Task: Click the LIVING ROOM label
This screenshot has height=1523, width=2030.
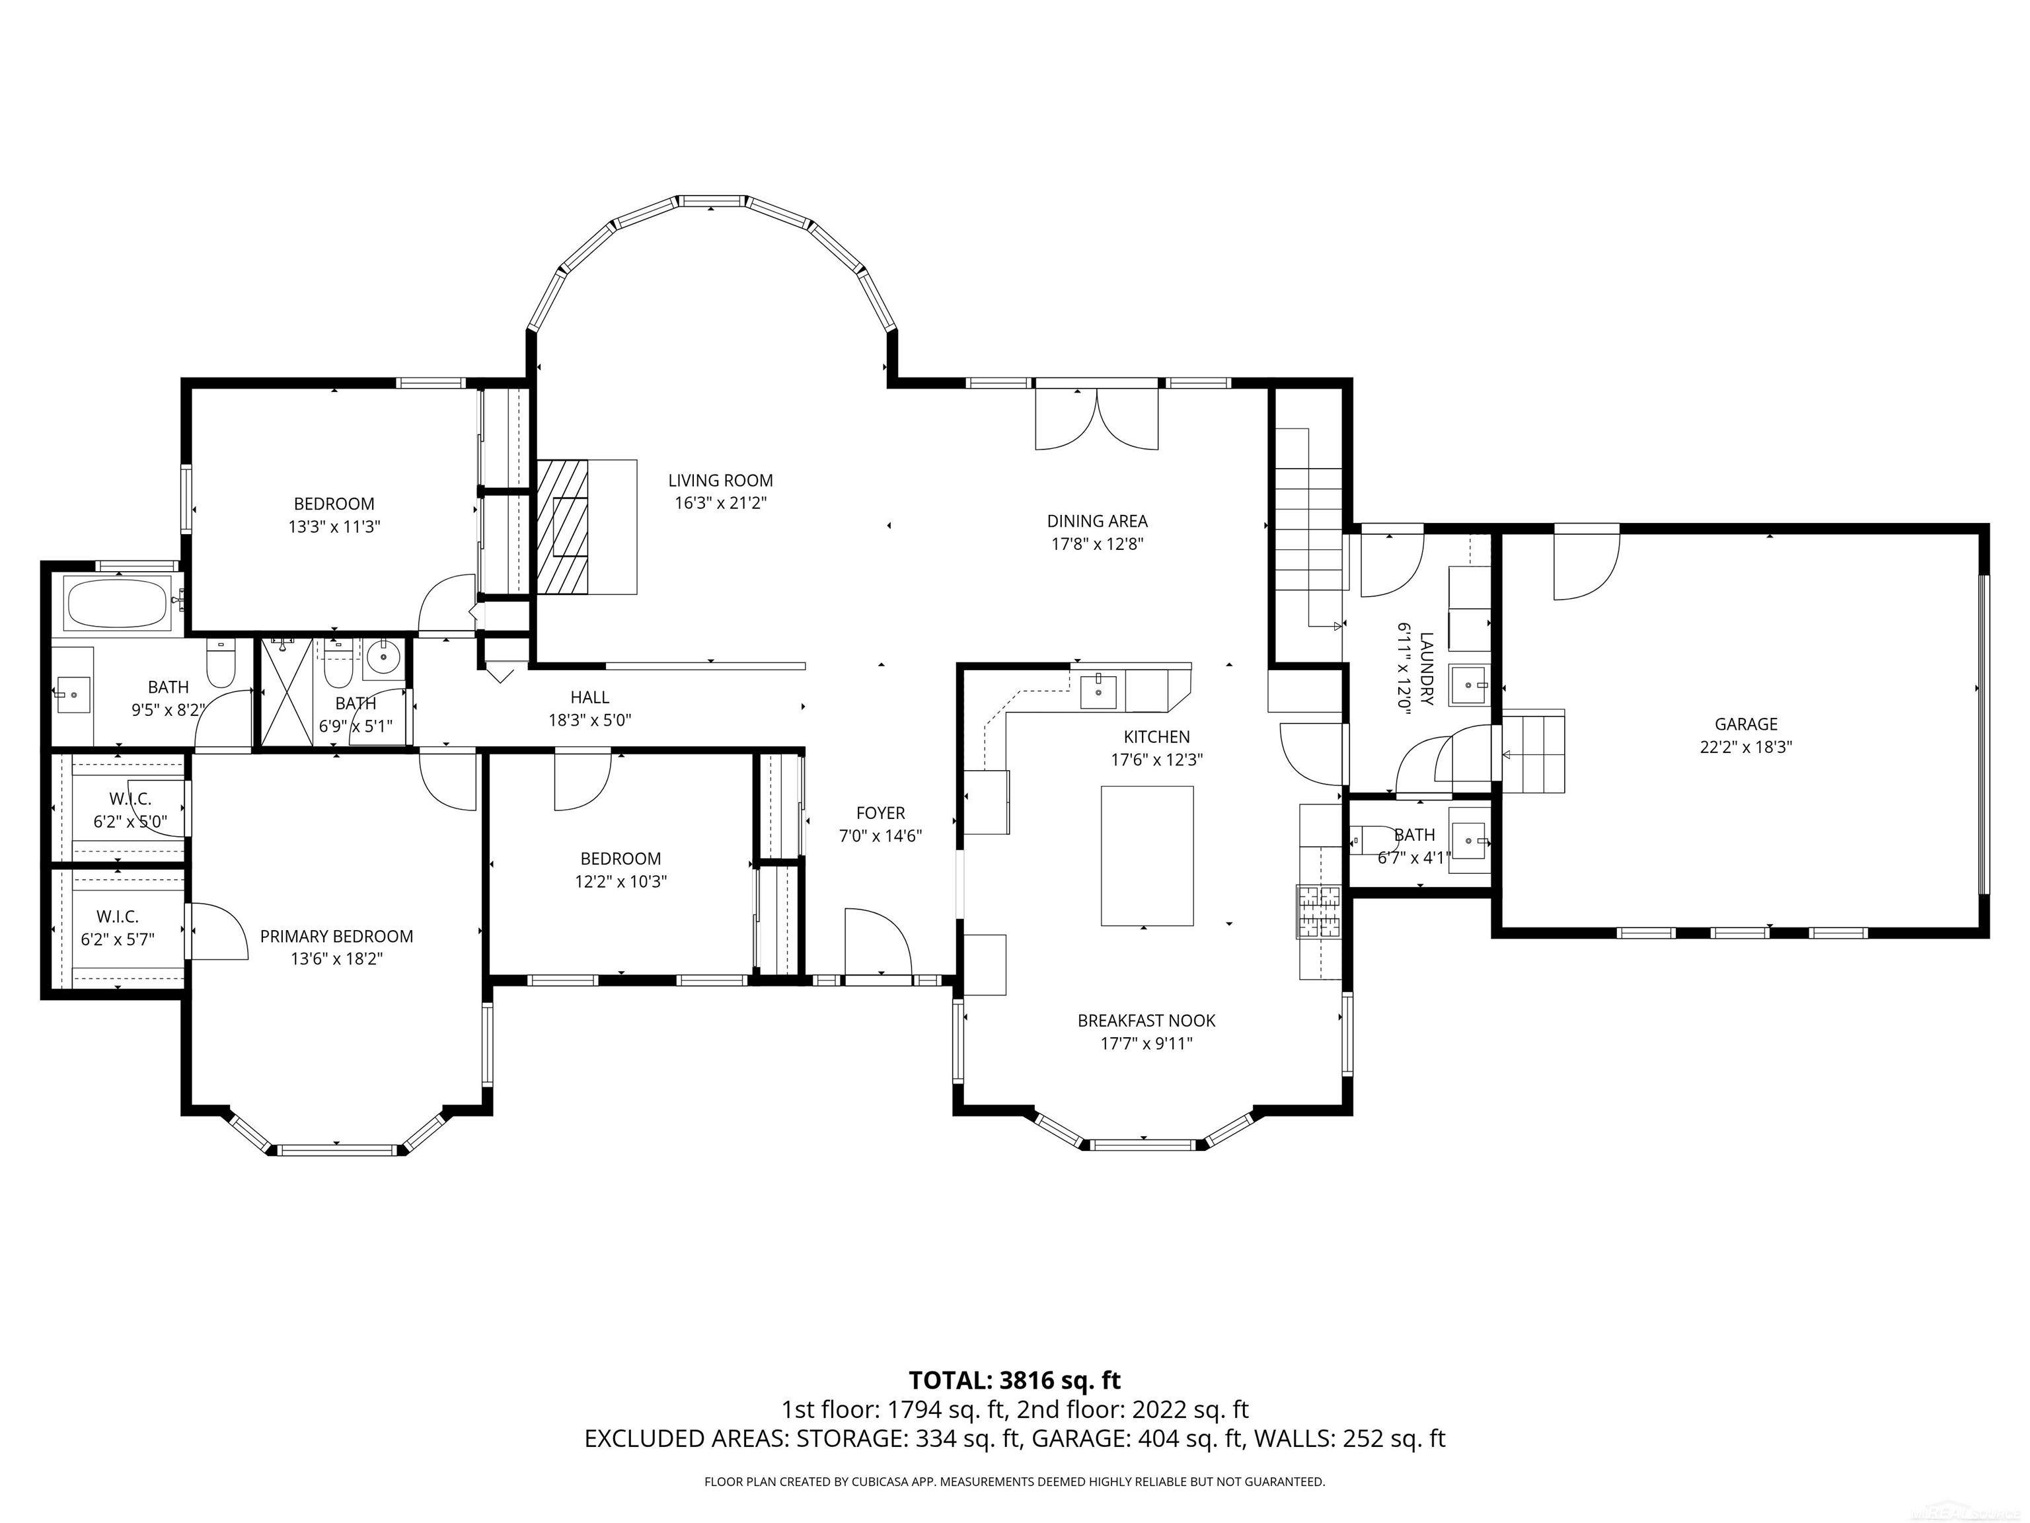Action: (x=720, y=480)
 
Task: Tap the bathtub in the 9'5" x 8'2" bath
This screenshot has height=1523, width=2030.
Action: (x=118, y=603)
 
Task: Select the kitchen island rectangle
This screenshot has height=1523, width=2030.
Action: (x=1147, y=855)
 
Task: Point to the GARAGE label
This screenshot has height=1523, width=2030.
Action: (x=1745, y=724)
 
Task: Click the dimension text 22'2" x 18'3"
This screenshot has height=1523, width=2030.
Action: (x=1745, y=747)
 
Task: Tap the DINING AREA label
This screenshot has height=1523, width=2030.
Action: (x=1098, y=520)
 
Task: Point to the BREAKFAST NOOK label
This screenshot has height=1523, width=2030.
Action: (x=1147, y=1020)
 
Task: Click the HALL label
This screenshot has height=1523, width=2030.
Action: (x=589, y=697)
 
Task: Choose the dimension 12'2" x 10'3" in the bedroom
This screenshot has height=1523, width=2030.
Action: (x=620, y=881)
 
